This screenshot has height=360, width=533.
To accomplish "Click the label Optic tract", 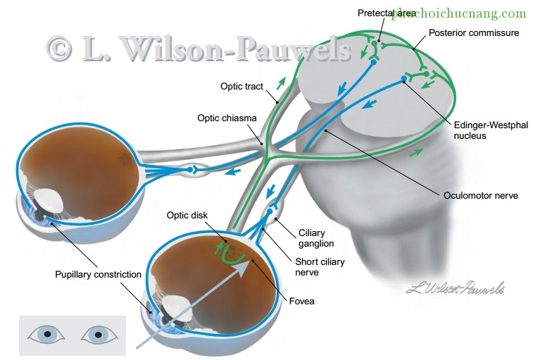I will pos(242,87).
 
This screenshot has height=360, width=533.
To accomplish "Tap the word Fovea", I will pos(301,302).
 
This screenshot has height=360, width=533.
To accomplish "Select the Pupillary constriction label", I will pos(98,274).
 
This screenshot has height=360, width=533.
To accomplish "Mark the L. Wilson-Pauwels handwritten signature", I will pos(456,287).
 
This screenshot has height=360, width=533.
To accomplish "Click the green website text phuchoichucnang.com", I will pos(459,13).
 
